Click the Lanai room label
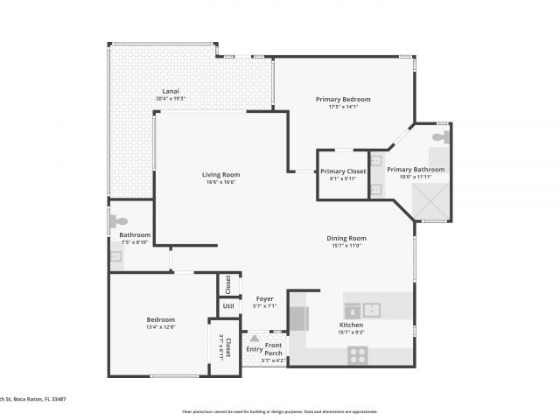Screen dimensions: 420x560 (171, 92)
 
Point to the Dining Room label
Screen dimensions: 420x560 (347, 238)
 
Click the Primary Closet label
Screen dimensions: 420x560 (343, 171)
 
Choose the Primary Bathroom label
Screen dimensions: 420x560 (416, 170)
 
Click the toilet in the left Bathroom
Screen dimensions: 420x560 (120, 222)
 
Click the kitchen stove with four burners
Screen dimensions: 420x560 (357, 354)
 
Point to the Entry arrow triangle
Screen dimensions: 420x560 (255, 337)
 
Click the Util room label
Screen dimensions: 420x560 (228, 306)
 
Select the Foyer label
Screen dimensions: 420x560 (264, 298)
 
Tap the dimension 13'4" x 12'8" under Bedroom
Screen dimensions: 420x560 (161, 327)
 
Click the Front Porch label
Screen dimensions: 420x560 (273, 349)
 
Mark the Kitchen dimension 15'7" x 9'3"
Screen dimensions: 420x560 (351, 332)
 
